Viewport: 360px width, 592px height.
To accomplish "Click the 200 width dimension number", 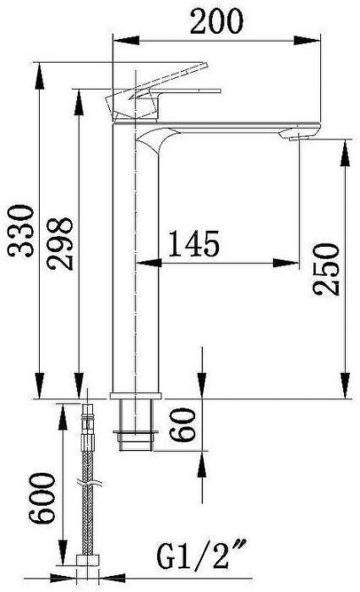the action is pyautogui.click(x=216, y=20).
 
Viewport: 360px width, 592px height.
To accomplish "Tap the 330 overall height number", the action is pyautogui.click(x=21, y=231).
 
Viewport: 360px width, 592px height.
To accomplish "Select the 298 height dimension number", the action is pyautogui.click(x=60, y=244).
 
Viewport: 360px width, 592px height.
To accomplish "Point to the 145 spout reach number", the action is pyautogui.click(x=194, y=243).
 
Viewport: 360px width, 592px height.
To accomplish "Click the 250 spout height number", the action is pyautogui.click(x=326, y=268).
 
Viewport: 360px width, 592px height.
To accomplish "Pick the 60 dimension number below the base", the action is pyautogui.click(x=183, y=424).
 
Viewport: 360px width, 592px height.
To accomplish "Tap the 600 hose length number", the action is pyautogui.click(x=42, y=498).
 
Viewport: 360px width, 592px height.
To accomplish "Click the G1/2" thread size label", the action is pyautogui.click(x=201, y=553).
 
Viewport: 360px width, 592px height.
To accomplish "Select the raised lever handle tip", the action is pyautogui.click(x=205, y=64).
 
